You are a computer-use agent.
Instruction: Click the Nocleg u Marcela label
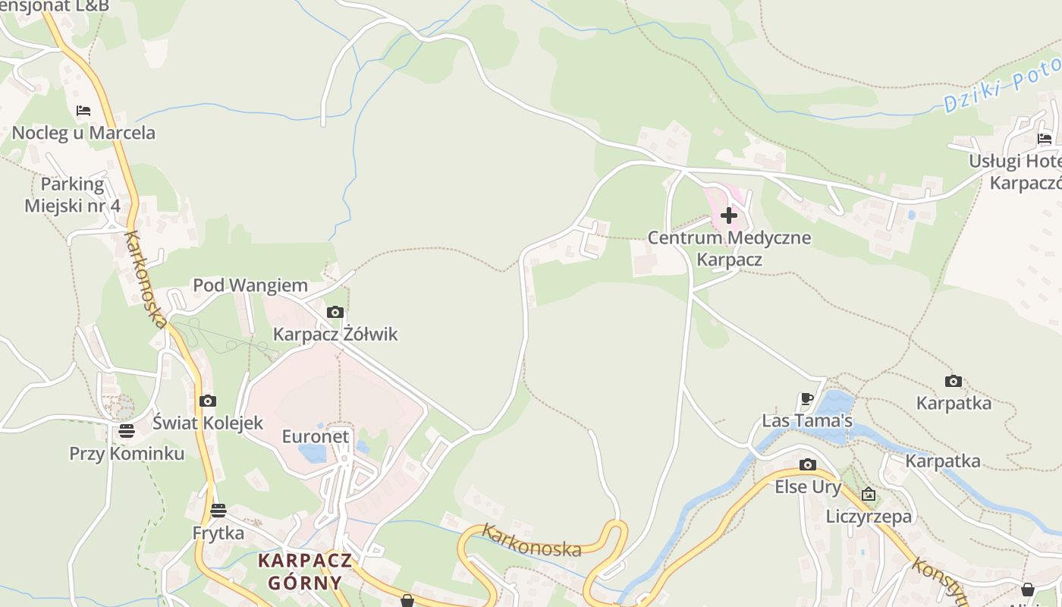pyautogui.click(x=83, y=133)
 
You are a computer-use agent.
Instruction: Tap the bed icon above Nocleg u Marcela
pyautogui.click(x=83, y=111)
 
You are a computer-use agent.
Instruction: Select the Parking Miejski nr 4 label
pyautogui.click(x=73, y=195)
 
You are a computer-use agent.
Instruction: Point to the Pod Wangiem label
pyautogui.click(x=250, y=286)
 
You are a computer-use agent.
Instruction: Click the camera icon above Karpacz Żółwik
pyautogui.click(x=335, y=312)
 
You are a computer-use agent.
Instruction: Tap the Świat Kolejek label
pyautogui.click(x=208, y=423)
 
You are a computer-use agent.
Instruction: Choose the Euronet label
pyautogui.click(x=316, y=436)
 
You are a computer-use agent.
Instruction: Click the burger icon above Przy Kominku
pyautogui.click(x=127, y=431)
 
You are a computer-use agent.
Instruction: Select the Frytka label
pyautogui.click(x=218, y=533)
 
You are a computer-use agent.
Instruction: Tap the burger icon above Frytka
pyautogui.click(x=218, y=510)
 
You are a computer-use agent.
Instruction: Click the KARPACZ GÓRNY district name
pyautogui.click(x=305, y=572)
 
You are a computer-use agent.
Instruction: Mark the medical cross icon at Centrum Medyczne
pyautogui.click(x=729, y=215)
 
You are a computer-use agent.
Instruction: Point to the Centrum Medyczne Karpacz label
pyautogui.click(x=729, y=248)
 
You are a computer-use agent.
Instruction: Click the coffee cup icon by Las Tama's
pyautogui.click(x=807, y=398)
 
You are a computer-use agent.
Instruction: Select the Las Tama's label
pyautogui.click(x=807, y=420)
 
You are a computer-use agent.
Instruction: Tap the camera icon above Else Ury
pyautogui.click(x=808, y=464)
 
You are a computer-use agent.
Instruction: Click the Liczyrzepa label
pyautogui.click(x=869, y=517)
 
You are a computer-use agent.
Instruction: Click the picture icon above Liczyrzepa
pyautogui.click(x=869, y=495)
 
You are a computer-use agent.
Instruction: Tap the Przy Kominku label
pyautogui.click(x=127, y=454)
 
